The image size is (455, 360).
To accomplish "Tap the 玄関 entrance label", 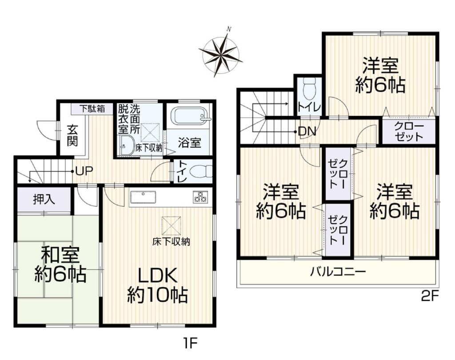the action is (x=72, y=135).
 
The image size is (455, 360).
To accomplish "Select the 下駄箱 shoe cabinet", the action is (x=92, y=109).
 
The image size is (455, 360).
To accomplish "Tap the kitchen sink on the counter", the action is (x=143, y=198).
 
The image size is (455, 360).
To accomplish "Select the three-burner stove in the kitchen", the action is (x=200, y=197).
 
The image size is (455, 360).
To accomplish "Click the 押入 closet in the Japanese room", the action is (x=44, y=199).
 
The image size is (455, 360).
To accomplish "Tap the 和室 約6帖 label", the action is (x=60, y=264).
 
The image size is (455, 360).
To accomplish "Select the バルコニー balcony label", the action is (x=338, y=272).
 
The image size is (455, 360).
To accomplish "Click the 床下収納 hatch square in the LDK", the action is (x=172, y=225).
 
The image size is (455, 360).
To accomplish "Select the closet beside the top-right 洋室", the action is (x=409, y=131).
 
